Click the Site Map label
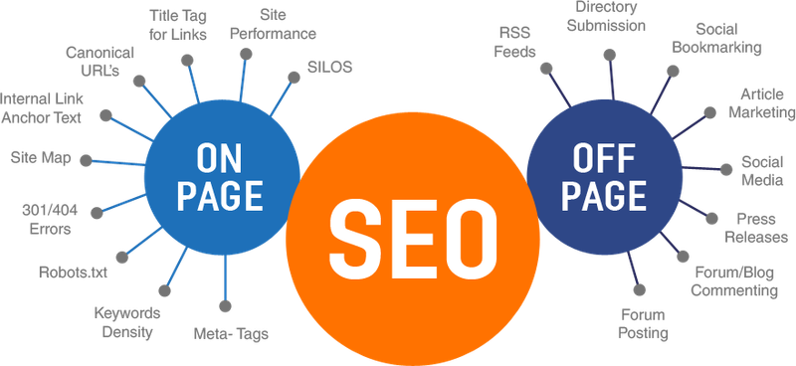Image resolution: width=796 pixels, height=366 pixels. pyautogui.click(x=40, y=156)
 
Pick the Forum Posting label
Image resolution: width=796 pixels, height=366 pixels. pyautogui.click(x=642, y=323)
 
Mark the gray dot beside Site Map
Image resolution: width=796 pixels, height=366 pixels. pyautogui.click(x=89, y=159)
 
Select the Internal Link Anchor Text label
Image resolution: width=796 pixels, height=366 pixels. pyautogui.click(x=40, y=107)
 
